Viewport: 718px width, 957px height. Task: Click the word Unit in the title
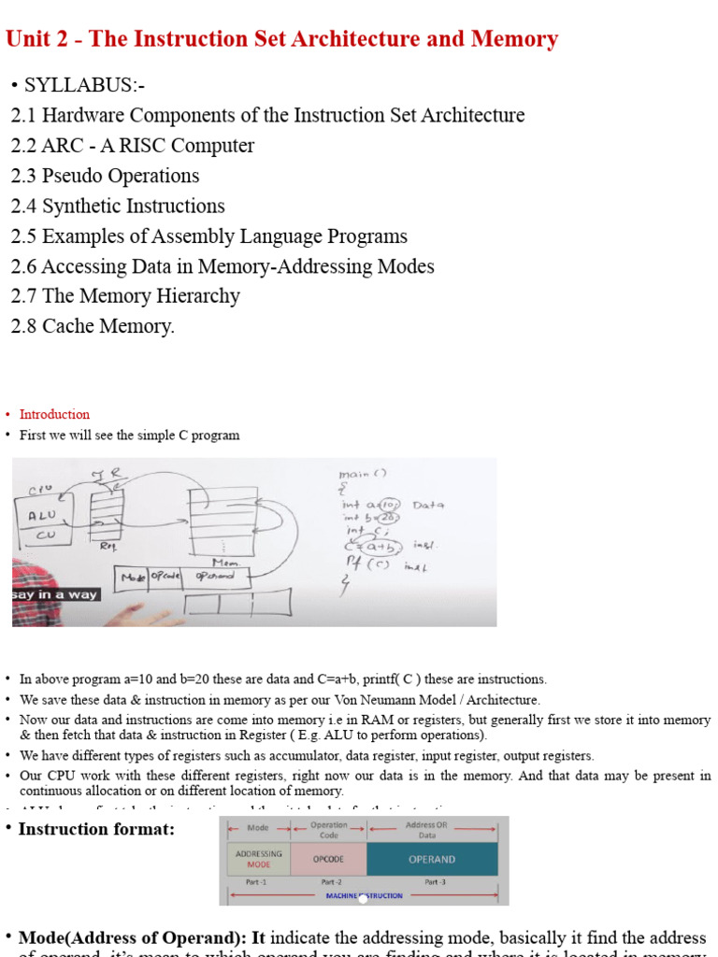[28, 39]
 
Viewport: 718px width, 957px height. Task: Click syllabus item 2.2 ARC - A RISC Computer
[132, 146]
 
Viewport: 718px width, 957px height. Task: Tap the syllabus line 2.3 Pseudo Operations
[105, 176]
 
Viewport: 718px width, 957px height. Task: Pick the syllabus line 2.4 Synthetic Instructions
[118, 206]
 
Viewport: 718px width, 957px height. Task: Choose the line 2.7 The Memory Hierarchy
[125, 295]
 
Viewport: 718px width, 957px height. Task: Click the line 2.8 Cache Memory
[93, 326]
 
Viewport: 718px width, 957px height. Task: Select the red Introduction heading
[54, 414]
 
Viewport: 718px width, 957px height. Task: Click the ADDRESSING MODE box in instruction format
[258, 859]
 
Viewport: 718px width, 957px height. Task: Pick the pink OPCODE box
[328, 859]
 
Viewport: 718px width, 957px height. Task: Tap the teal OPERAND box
[432, 859]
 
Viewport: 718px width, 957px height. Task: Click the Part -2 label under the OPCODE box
[328, 881]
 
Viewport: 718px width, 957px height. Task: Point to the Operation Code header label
[328, 830]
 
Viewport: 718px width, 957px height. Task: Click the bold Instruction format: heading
[96, 829]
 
